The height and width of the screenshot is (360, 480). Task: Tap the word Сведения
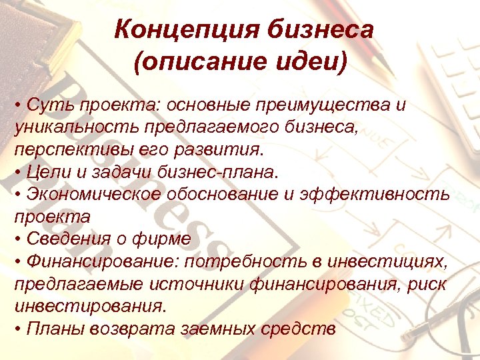click(63, 239)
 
